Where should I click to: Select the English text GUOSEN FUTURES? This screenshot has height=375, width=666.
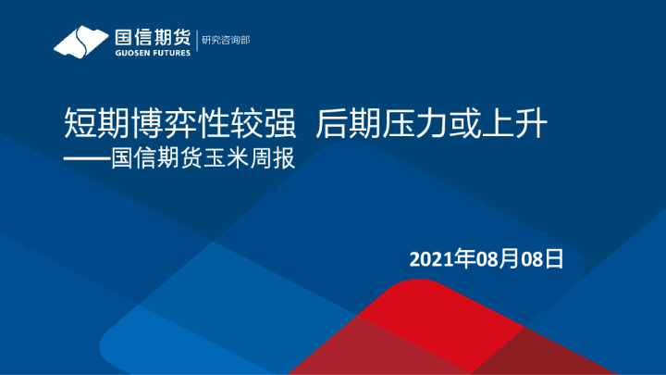click(x=152, y=53)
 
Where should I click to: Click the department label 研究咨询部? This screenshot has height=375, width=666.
click(x=226, y=40)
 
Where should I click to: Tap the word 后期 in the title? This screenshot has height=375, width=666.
click(x=343, y=122)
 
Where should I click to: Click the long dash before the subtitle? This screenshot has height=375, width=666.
click(x=85, y=158)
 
